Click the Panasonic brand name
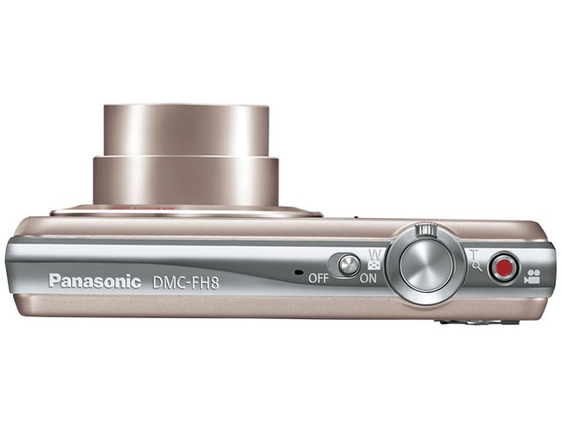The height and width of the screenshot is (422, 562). coord(95,281)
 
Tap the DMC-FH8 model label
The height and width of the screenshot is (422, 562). coord(185,282)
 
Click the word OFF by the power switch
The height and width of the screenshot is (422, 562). coord(318,278)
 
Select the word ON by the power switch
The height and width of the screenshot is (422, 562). coord(368,278)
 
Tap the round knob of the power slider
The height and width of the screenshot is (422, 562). coord(349,266)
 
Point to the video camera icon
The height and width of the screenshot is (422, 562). coord(532,276)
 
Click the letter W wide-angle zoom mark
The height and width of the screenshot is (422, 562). coord(375,255)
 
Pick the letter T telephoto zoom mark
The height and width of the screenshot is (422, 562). coord(474,255)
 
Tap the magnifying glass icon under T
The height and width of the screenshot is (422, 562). coord(477,266)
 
